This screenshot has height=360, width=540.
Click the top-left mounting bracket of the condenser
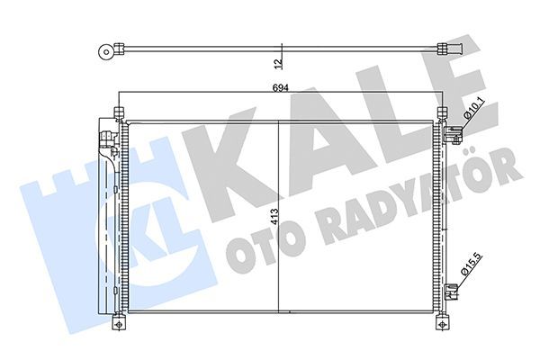(x=118, y=112)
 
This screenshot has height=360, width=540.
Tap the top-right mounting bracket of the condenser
(x=441, y=112)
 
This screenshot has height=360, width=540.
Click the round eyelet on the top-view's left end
(x=107, y=50)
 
